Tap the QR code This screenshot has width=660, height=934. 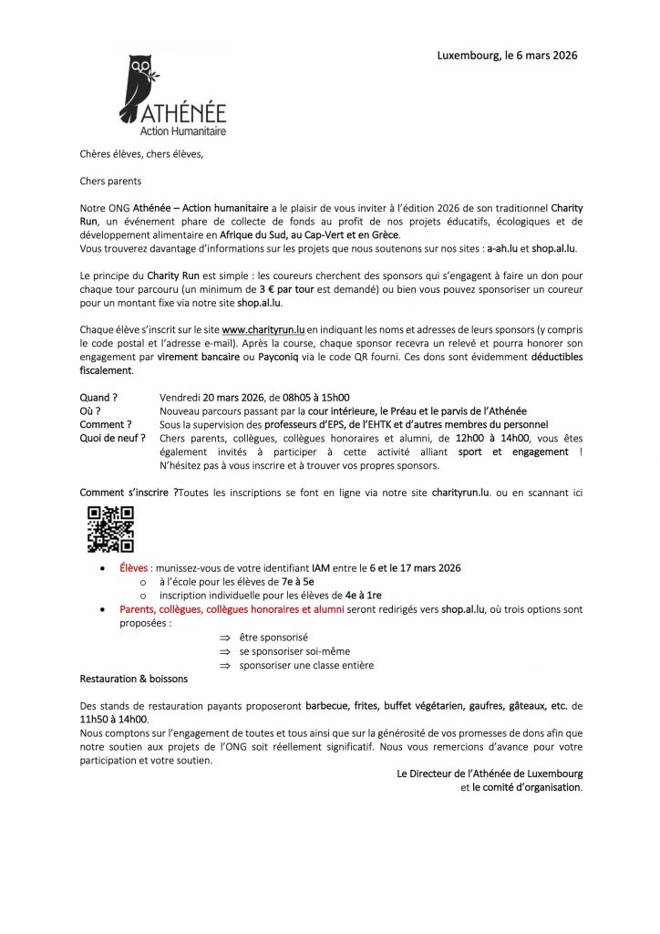(x=110, y=530)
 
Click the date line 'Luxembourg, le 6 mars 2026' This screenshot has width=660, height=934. (x=507, y=56)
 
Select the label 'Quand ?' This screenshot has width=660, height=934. (x=98, y=398)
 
